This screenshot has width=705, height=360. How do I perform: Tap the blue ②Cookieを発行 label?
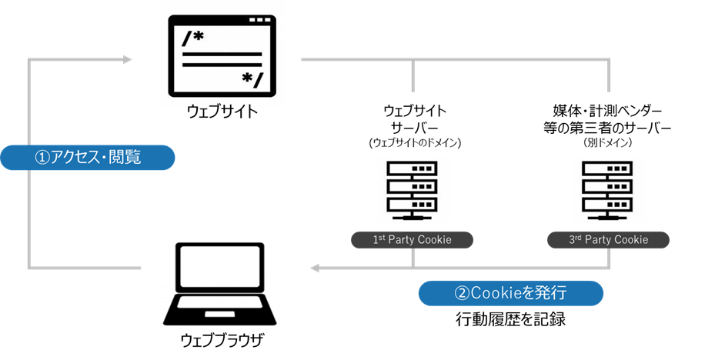point(510,293)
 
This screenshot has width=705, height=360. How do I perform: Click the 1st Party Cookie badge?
point(412,240)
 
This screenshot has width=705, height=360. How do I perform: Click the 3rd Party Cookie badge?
point(608,240)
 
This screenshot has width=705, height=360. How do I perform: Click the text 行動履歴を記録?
point(510,319)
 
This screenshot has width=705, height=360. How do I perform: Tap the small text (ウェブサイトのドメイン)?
point(414,143)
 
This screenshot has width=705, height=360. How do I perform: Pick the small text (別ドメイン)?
point(608,143)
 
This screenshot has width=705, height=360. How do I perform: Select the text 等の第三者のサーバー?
point(608,127)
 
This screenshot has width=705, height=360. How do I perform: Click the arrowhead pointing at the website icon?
point(127,58)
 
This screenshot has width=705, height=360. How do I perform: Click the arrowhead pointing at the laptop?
point(315,268)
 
